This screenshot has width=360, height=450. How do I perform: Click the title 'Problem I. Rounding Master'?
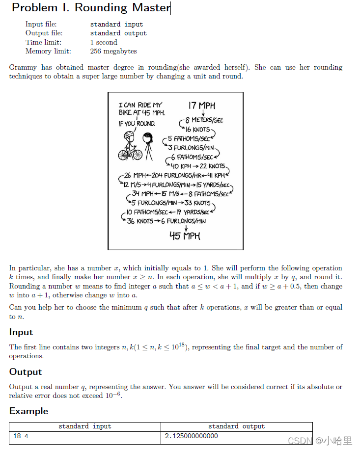click(x=91, y=8)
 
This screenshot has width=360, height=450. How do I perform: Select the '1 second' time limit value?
click(x=104, y=42)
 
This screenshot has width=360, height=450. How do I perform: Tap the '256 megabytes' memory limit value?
click(x=113, y=51)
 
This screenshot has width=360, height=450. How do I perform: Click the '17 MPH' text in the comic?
click(x=201, y=106)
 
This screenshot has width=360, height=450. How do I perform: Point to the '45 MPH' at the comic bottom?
click(x=185, y=236)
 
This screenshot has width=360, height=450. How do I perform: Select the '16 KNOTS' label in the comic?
click(x=197, y=130)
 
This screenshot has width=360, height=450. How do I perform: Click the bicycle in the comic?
click(x=130, y=153)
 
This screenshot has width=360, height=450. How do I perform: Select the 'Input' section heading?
click(x=21, y=332)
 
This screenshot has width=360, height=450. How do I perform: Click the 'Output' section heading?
click(x=26, y=371)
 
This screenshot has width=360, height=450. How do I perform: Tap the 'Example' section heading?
click(x=28, y=411)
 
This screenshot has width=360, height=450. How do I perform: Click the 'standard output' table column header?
click(x=236, y=426)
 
